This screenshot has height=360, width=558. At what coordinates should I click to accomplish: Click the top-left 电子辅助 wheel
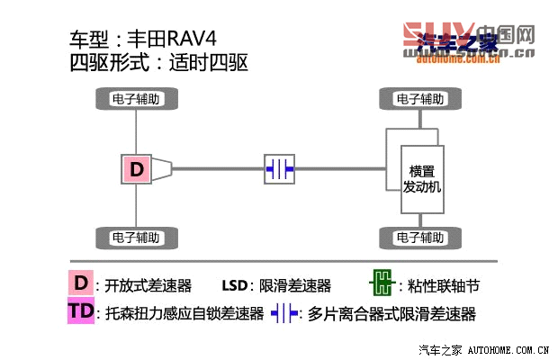click(136, 98)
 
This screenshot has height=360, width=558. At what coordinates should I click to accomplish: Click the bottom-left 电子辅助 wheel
click(136, 238)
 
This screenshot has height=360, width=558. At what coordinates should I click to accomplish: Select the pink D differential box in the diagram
click(136, 168)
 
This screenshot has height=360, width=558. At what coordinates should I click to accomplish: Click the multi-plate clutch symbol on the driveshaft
click(280, 168)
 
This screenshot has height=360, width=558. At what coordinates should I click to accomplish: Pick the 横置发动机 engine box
click(420, 178)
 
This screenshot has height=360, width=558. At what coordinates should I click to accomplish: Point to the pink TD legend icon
click(80, 312)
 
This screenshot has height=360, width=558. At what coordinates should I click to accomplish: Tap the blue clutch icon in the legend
click(285, 313)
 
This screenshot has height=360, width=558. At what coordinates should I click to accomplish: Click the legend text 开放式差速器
click(148, 286)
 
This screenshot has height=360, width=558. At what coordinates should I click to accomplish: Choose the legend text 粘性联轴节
click(443, 286)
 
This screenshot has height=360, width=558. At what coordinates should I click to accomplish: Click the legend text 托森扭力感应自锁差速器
click(184, 314)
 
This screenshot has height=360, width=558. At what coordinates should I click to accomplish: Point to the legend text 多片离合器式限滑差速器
click(391, 314)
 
